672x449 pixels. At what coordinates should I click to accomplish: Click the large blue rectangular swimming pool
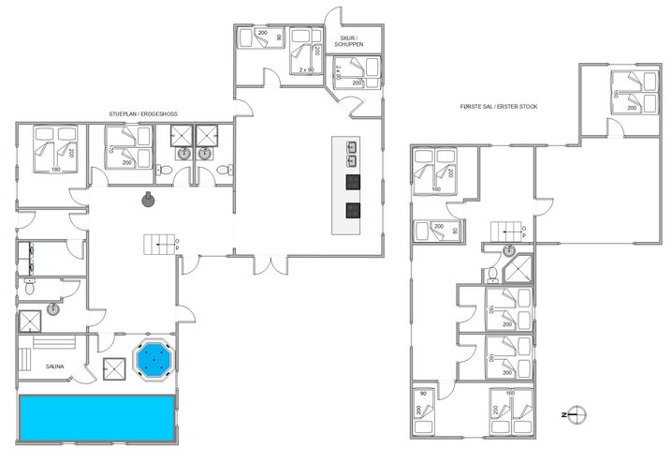(x=95, y=417)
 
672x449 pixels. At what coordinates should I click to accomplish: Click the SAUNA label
(x=54, y=367)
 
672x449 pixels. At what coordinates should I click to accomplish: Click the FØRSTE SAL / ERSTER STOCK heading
(x=498, y=107)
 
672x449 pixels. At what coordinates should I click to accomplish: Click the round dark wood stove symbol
(x=147, y=199)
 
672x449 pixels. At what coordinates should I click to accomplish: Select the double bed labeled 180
(x=53, y=150)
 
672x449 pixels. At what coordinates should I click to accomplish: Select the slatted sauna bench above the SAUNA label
(x=53, y=343)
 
